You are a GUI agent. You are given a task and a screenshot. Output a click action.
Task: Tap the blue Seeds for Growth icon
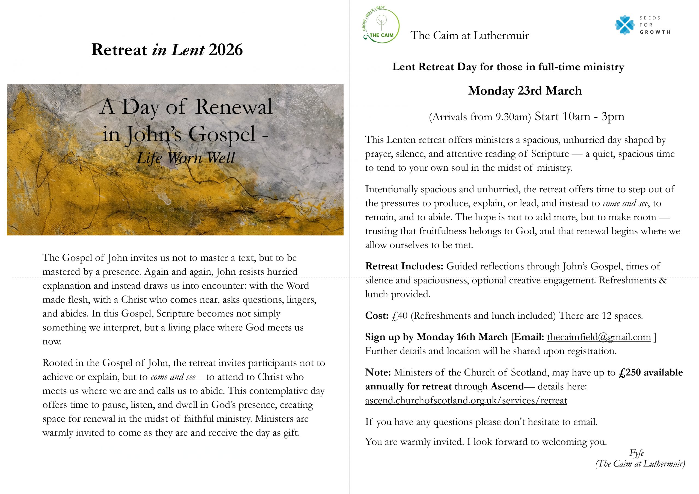(x=624, y=25)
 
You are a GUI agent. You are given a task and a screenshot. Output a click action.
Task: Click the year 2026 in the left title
(x=226, y=50)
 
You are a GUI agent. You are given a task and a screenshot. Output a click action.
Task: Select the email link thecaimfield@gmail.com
(x=599, y=337)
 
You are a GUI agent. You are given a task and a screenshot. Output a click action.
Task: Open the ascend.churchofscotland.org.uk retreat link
(x=466, y=400)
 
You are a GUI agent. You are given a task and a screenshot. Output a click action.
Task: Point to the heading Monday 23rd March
(x=525, y=91)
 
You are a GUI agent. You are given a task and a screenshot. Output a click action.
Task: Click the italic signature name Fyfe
(x=636, y=453)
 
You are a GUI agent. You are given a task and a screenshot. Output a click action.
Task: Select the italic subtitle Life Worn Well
(x=186, y=158)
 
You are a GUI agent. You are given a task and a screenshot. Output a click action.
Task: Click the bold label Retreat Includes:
(x=404, y=266)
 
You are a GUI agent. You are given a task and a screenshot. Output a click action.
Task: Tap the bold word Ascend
(x=507, y=386)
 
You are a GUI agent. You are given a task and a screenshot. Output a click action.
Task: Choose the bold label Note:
(x=378, y=372)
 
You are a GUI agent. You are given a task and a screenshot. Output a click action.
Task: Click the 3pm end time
(x=612, y=116)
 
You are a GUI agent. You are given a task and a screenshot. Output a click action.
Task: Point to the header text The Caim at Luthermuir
(x=469, y=35)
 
